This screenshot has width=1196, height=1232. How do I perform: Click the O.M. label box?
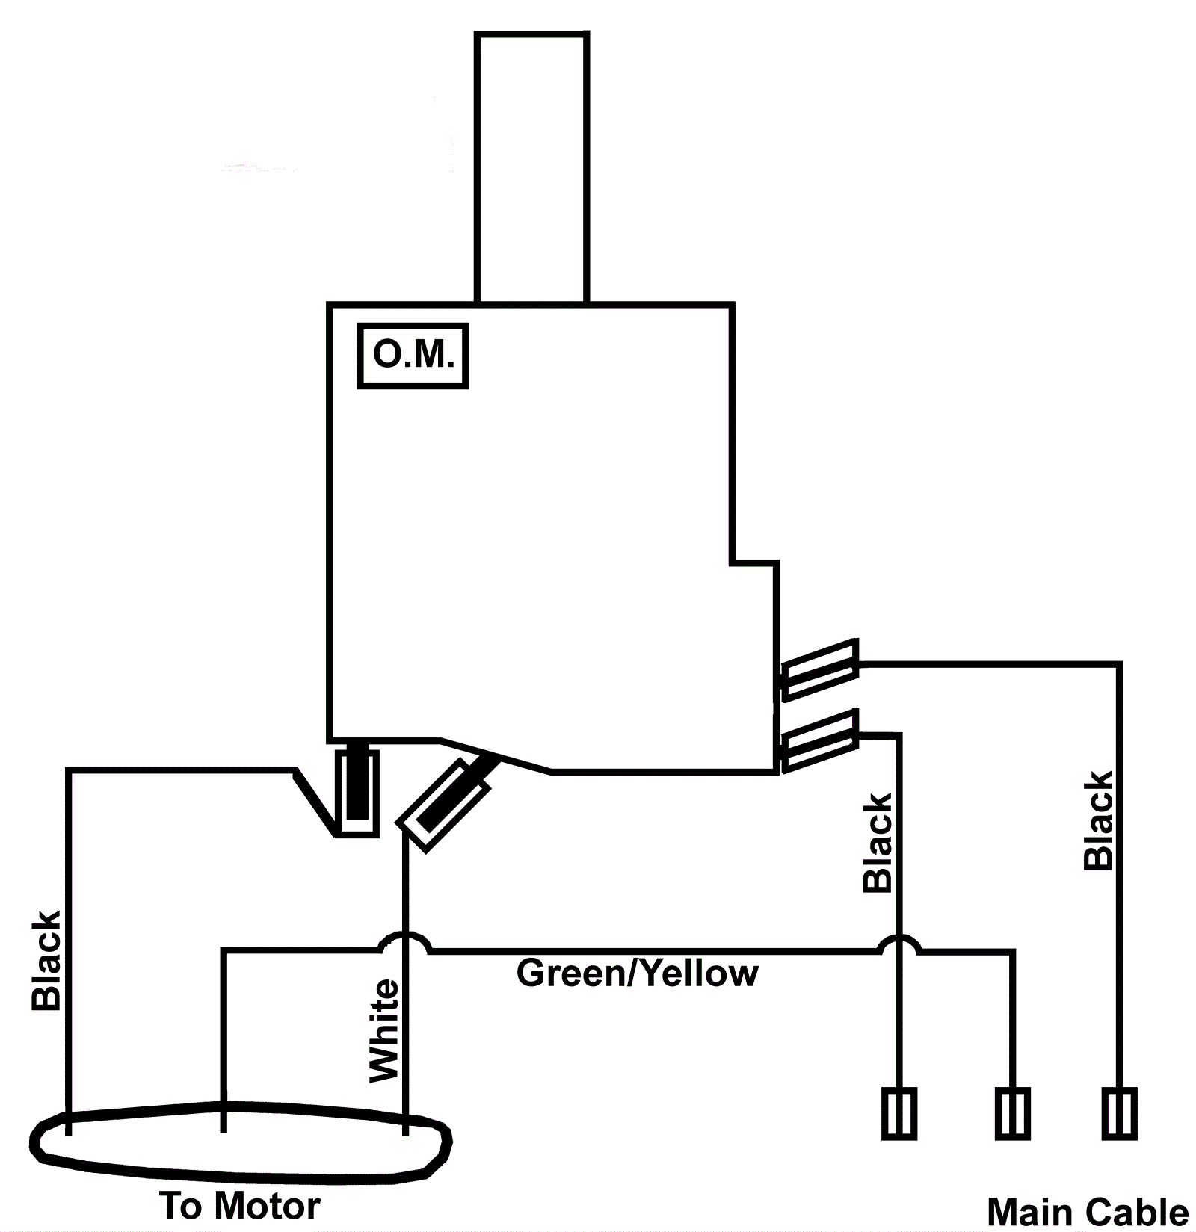[413, 356]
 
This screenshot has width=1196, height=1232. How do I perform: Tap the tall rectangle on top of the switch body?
[531, 167]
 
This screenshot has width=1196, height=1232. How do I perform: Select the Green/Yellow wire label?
[637, 973]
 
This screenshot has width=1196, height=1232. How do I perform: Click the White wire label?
[385, 1030]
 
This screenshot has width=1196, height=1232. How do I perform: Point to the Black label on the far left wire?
[46, 961]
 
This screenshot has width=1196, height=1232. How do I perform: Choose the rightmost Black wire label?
[1098, 821]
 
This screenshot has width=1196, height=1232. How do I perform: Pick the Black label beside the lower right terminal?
[878, 843]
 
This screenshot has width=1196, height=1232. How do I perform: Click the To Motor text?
[240, 1206]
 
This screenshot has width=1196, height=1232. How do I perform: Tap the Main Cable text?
[1088, 1212]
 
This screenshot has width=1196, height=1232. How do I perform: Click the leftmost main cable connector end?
[899, 1113]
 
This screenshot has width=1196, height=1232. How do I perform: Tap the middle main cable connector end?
[1013, 1113]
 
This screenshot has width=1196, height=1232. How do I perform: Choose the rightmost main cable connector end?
[1119, 1113]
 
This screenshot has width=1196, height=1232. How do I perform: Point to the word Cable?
[1140, 1212]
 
